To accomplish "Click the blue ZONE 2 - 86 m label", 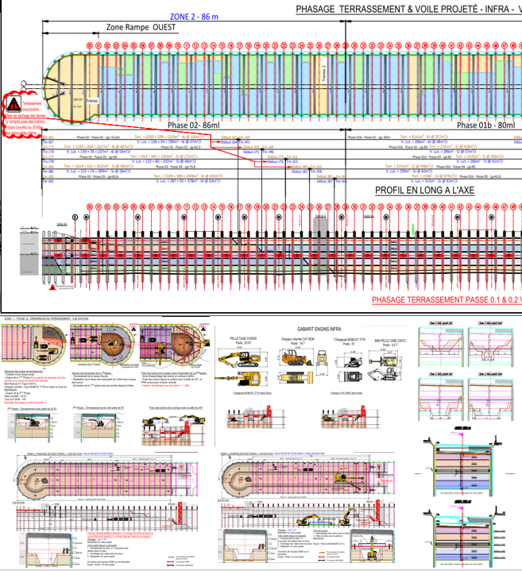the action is coord(195,16).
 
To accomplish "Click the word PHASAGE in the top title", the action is coord(322,9).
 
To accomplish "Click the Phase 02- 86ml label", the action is coord(194,125).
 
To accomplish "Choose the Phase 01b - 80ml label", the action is coord(479,125).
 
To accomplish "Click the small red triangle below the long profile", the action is coord(52,291).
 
